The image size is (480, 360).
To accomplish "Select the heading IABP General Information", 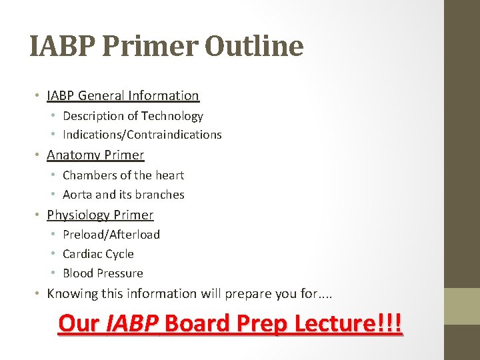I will point(123,96).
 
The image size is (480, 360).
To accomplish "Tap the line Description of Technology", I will point(133,116).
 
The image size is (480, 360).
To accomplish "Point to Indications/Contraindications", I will point(142,135).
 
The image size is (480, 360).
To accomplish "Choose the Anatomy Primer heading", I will point(95,155).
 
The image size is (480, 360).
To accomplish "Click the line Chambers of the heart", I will point(123,175).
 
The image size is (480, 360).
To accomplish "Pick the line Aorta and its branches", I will point(123,195).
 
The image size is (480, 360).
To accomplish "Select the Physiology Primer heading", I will point(100,215).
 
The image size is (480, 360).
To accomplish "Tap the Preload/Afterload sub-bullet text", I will point(111,235).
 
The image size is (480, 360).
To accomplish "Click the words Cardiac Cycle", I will point(98,254).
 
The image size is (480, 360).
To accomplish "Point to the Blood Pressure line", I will point(103,273).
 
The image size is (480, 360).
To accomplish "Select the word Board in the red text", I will point(193,323).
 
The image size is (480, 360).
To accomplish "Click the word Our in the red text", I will point(79,323).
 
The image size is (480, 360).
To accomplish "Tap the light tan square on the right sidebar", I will point(462,305).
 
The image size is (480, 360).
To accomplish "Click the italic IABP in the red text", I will point(132,323).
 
